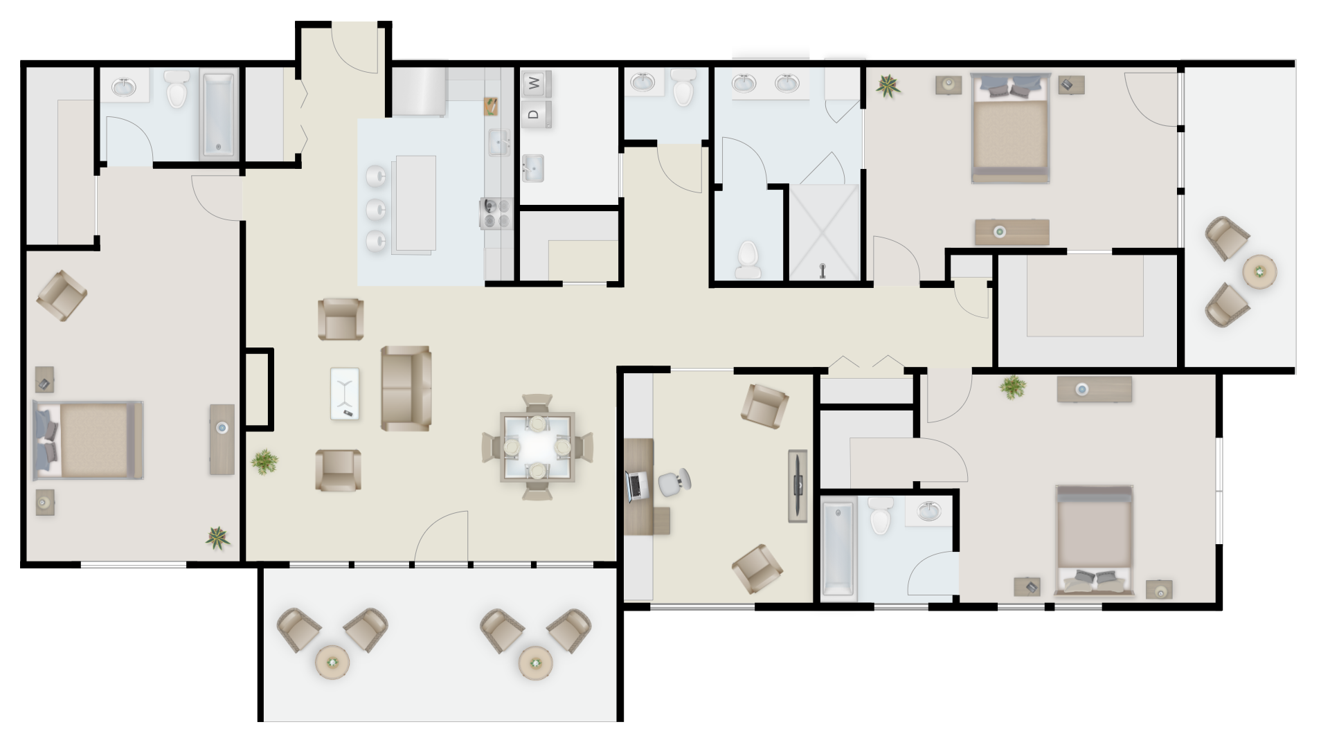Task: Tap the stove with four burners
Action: (x=496, y=213)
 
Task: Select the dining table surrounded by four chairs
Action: (x=537, y=447)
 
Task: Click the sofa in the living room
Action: (x=406, y=388)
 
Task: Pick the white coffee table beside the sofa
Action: (x=345, y=393)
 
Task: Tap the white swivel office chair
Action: (x=674, y=482)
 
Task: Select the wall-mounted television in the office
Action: (x=798, y=486)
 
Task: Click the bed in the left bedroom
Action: (x=89, y=440)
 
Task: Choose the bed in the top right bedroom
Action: (x=1010, y=128)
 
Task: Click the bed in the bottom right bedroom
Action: (x=1094, y=541)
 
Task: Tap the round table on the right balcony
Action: (x=1260, y=271)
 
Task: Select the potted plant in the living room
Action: (x=264, y=461)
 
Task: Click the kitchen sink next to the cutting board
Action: (x=498, y=143)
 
